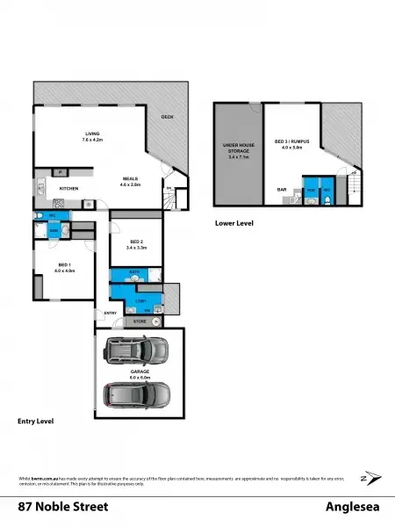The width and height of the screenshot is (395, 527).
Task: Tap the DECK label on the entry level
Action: (167, 117)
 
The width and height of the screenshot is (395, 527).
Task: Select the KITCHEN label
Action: (70, 189)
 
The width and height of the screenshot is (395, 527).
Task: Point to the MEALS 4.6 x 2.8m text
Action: (130, 182)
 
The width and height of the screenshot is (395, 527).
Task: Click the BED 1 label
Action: (64, 268)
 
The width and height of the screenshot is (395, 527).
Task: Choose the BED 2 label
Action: (134, 246)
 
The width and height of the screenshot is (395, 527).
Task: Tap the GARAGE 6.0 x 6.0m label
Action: (140, 374)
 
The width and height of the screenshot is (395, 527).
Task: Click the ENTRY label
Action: (111, 313)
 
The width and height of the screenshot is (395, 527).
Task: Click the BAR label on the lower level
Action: (283, 188)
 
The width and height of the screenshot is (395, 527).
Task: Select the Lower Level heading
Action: (234, 224)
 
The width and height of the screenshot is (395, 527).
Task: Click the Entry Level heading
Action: (36, 421)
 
